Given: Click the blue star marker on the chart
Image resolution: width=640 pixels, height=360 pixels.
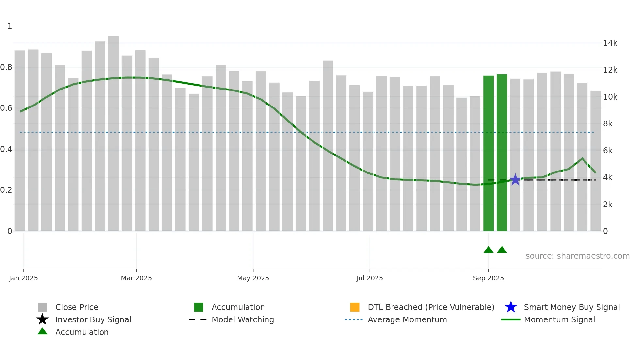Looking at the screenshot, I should pos(515,179).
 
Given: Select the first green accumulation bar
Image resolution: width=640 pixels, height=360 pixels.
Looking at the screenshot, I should pos(488,154).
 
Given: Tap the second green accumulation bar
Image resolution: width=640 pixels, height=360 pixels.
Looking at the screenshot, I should pos(502,153).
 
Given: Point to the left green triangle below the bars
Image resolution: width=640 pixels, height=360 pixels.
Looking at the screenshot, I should pos(488,250).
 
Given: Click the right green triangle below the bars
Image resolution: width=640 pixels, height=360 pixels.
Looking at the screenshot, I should pos(502,250).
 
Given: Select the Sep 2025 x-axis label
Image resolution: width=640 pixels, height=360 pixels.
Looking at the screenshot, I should pos(488,278).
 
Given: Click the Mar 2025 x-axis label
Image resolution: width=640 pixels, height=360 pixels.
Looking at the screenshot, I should pos(136,278).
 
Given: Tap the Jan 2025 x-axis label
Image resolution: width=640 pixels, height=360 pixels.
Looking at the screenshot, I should pos(23,278).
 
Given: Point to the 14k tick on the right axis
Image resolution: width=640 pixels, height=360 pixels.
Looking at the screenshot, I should pos(610,43).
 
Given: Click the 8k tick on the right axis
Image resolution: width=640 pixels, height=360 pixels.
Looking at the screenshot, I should pos(608,124).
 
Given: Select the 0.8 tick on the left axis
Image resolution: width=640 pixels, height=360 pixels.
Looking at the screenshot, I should pos(6,67).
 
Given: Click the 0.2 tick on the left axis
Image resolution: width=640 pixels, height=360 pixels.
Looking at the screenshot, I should pos(6,190).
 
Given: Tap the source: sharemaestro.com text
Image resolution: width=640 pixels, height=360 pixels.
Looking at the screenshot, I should pos(577,256).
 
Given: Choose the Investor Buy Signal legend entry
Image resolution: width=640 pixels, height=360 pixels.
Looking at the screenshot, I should pos(93,319).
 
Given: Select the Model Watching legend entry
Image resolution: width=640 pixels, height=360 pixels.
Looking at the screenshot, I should pos(243,319).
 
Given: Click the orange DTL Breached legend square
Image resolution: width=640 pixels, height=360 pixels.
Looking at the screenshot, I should pos(355,307).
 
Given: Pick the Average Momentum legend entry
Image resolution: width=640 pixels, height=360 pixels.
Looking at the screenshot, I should pos(407,319).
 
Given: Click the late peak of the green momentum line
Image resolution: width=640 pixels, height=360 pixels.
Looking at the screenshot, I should pos(582,158).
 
